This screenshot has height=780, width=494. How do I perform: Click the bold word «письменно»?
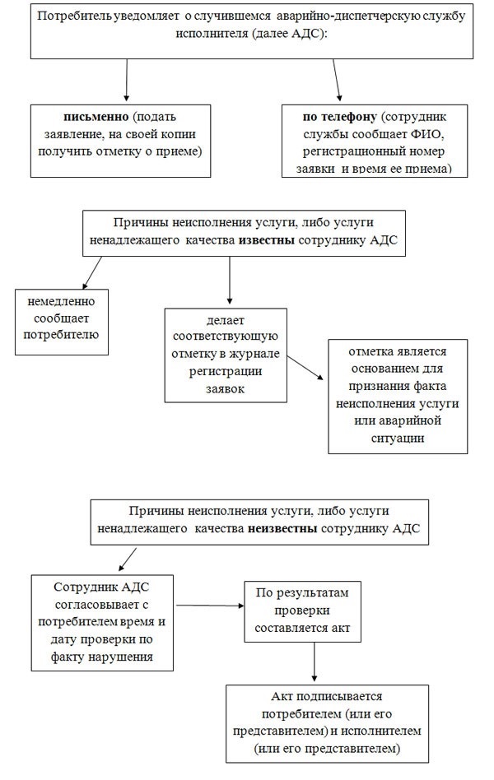[96, 117]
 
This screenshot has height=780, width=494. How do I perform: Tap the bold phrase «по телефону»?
[340, 117]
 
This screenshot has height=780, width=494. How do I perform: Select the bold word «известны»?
[267, 240]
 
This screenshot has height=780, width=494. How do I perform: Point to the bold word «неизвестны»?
[282, 528]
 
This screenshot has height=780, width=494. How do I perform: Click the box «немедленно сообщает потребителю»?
[62, 323]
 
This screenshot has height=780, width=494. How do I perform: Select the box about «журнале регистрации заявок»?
[226, 355]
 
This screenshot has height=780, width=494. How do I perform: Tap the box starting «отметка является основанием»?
[398, 397]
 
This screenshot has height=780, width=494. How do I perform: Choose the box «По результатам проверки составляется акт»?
[302, 611]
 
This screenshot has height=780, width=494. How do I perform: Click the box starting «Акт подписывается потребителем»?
[327, 724]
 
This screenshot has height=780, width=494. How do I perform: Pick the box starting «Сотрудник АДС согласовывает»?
[102, 624]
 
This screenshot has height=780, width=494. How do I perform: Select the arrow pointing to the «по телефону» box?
[337, 80]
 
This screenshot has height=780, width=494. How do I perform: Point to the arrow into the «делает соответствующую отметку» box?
[230, 281]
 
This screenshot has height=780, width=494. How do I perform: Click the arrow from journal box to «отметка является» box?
[305, 368]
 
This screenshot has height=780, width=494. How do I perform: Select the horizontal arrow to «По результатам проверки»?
[210, 606]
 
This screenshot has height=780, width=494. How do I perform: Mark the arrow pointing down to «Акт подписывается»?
[315, 662]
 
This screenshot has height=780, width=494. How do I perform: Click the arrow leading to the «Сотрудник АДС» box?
[127, 559]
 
